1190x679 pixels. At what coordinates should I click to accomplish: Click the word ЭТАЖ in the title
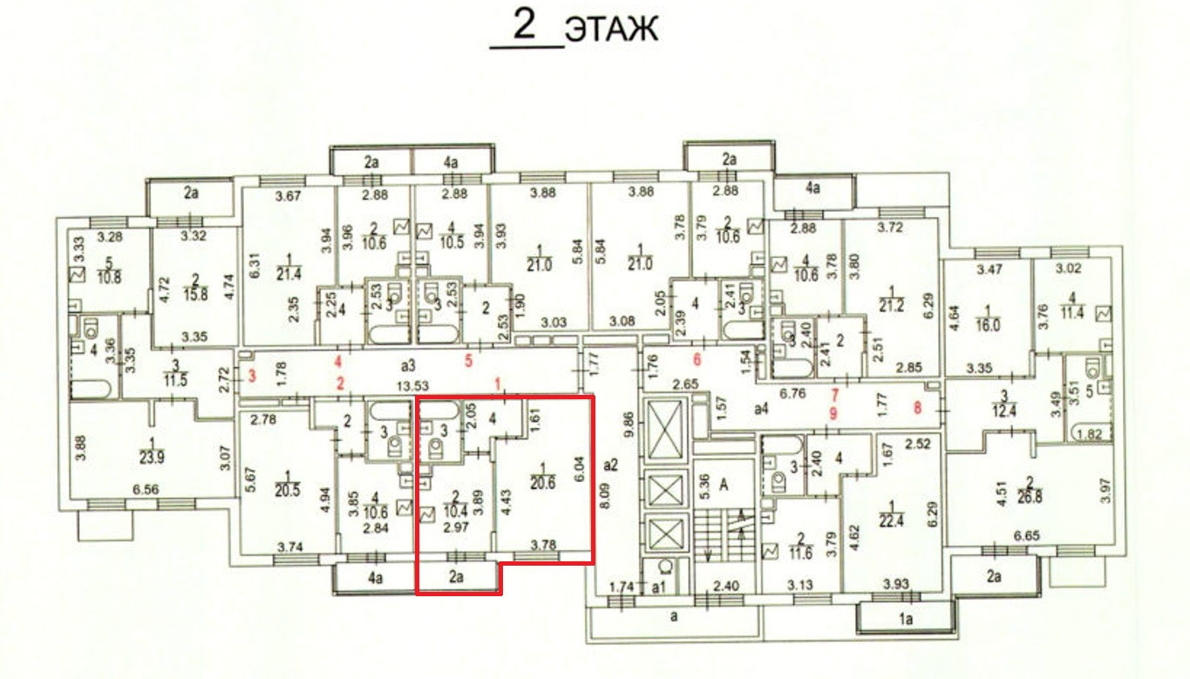point(611,30)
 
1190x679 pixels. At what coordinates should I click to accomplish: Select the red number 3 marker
point(253,377)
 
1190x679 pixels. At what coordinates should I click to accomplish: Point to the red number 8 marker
point(916,404)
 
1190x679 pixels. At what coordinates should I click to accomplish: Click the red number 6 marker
point(697,359)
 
